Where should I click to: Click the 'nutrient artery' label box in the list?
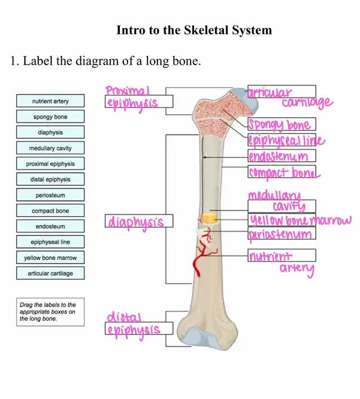click(50, 101)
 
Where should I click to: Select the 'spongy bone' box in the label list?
click(50, 117)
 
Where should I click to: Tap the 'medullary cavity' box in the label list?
click(50, 149)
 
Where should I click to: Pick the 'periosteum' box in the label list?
click(50, 195)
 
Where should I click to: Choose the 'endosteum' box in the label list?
click(50, 226)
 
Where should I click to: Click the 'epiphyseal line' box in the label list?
click(50, 242)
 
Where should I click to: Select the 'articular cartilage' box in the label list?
click(50, 274)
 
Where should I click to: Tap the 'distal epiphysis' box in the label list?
click(50, 180)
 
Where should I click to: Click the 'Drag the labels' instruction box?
click(50, 312)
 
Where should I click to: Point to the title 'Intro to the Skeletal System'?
click(193, 30)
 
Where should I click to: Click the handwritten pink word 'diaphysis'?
click(136, 222)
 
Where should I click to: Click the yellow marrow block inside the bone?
click(209, 217)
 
